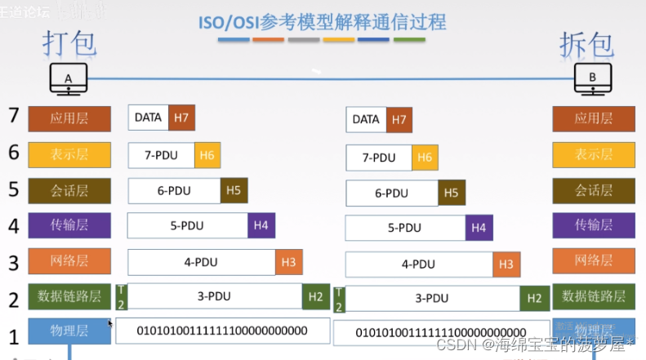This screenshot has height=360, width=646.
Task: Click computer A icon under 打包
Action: (x=68, y=79)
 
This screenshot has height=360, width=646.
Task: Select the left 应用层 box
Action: (x=69, y=119)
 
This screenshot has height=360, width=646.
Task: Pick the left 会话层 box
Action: (x=69, y=190)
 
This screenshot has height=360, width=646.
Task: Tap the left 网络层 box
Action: (x=69, y=260)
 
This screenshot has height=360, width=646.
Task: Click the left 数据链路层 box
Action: (x=69, y=296)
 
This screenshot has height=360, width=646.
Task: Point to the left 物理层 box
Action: (x=69, y=331)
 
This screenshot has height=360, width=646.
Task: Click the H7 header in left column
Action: (x=181, y=118)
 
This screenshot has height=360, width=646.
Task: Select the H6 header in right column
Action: (x=425, y=158)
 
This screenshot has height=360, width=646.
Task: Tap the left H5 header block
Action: (x=234, y=190)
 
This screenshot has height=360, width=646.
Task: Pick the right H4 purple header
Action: (x=479, y=228)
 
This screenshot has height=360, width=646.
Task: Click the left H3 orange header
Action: (x=288, y=262)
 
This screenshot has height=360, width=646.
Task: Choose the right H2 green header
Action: (x=534, y=299)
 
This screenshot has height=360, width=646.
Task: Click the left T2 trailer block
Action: (x=122, y=296)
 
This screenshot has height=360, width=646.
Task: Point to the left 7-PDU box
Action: (x=161, y=154)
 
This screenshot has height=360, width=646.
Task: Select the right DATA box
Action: (x=366, y=119)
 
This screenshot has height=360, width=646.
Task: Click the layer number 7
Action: (x=12, y=115)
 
